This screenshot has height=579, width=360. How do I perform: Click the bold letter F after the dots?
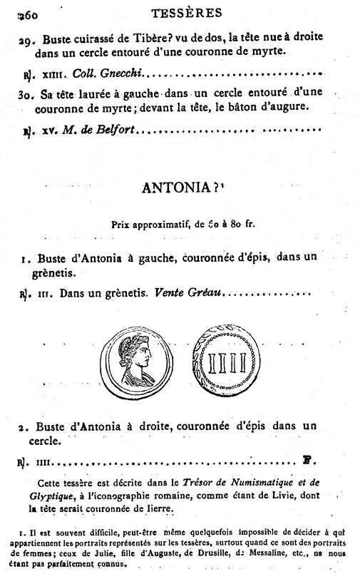tap(307, 461)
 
